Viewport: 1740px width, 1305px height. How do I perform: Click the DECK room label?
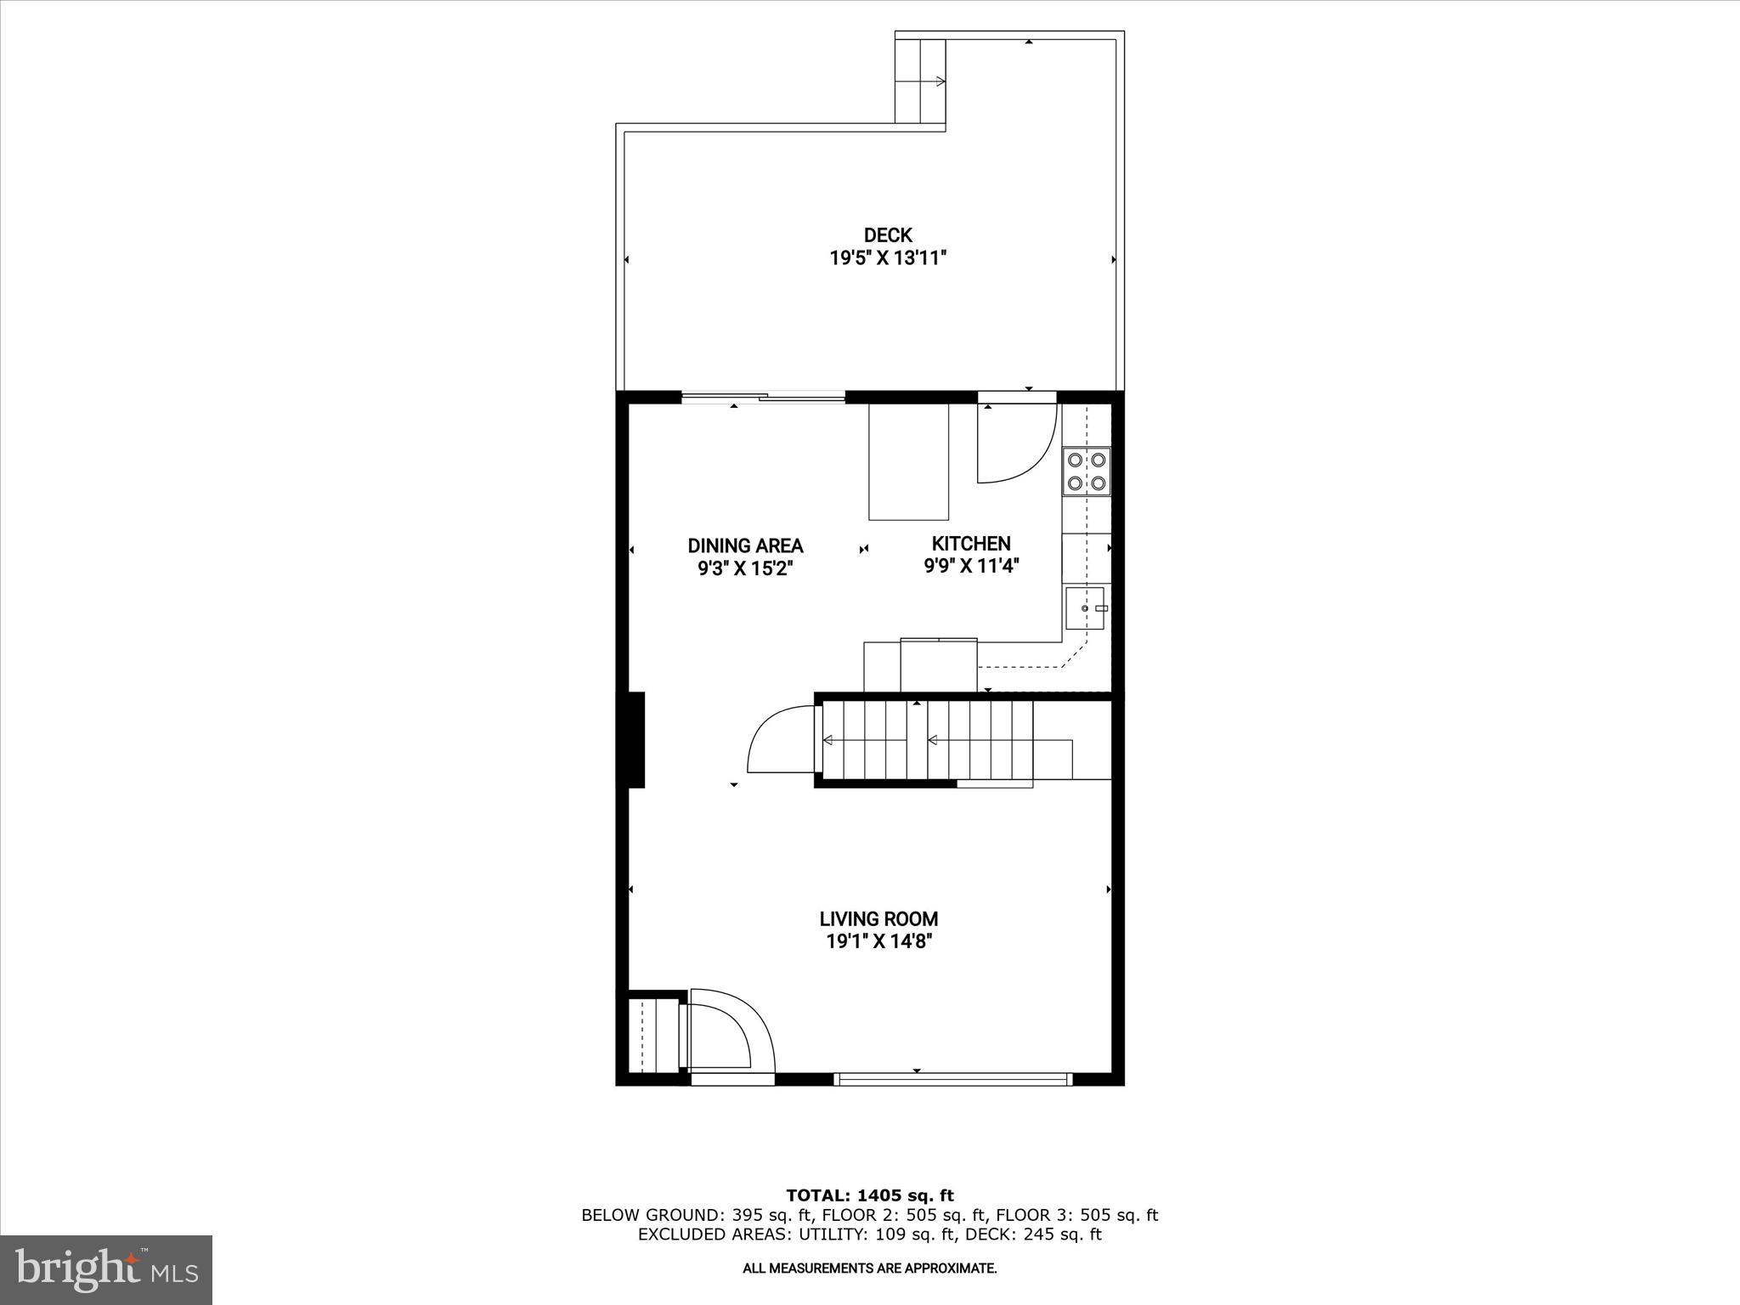(x=888, y=235)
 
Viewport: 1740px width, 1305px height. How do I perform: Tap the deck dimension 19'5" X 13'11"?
(x=888, y=258)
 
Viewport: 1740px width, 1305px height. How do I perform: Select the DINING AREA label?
(x=745, y=545)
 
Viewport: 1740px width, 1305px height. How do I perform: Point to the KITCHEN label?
(x=971, y=544)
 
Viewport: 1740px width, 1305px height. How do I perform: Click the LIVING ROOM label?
(x=878, y=918)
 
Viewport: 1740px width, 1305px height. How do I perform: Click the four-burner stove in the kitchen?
(x=1087, y=472)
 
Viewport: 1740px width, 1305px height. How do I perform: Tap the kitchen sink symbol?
(x=1085, y=608)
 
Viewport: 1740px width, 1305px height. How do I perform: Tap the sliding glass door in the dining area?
(x=764, y=397)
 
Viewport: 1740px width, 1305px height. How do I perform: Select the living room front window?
(x=952, y=1080)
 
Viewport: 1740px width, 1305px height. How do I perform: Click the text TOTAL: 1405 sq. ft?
(x=870, y=1196)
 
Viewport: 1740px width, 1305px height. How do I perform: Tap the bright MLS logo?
(x=107, y=1269)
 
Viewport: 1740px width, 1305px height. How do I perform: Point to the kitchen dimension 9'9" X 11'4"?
(x=971, y=566)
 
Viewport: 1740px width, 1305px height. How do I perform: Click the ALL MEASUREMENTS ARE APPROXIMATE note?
(x=870, y=1268)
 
